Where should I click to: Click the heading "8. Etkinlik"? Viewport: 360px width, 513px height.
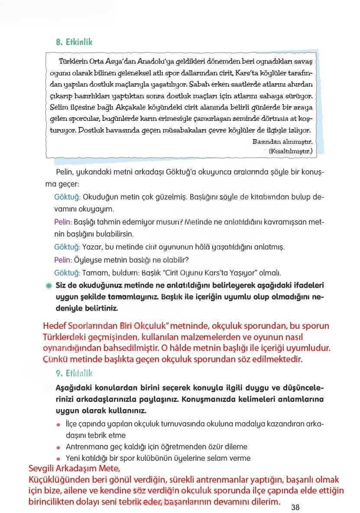click(x=74, y=42)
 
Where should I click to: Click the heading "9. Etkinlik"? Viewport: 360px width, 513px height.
click(x=74, y=373)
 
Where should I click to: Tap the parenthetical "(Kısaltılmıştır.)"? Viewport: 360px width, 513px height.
click(x=290, y=151)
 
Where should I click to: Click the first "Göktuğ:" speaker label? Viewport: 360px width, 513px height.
click(x=67, y=197)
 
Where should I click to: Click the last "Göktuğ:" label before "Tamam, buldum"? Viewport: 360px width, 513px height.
click(x=67, y=273)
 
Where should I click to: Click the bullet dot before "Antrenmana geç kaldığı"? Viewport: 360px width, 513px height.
click(x=58, y=447)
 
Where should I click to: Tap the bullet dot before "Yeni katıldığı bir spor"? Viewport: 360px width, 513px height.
click(x=58, y=458)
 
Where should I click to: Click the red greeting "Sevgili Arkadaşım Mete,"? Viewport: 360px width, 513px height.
click(x=73, y=470)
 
